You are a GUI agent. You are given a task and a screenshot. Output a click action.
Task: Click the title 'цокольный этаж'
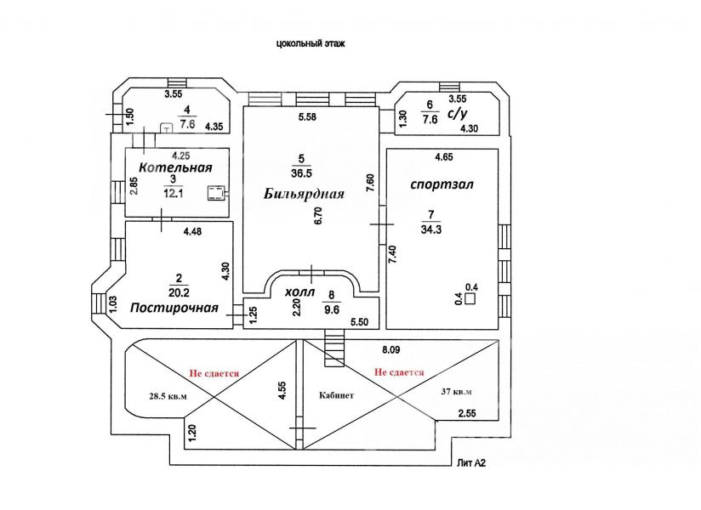(311, 42)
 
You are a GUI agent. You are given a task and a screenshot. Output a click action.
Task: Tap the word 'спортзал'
(441, 184)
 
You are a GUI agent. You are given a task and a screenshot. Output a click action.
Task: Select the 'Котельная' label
(175, 167)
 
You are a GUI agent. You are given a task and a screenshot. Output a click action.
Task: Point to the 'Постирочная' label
(174, 308)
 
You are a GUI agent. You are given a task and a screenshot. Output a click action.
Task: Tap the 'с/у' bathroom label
(457, 111)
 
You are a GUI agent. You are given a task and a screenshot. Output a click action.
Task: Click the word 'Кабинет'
(337, 395)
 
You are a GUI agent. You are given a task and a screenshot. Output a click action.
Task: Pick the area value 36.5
(300, 173)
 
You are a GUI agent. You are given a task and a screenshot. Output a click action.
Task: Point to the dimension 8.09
(392, 349)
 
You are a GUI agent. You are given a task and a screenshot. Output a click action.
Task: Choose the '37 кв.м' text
(456, 392)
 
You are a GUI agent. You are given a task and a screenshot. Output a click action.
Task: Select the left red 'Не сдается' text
(214, 372)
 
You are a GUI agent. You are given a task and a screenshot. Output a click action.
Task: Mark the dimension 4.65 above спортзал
(444, 157)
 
